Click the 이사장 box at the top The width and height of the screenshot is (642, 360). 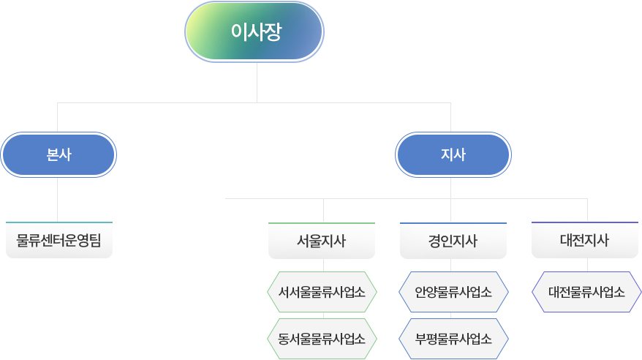tap(254, 31)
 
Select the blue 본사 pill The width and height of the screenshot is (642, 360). tap(58, 155)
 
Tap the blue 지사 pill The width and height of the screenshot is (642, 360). tap(453, 155)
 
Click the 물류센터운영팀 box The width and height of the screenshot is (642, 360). tap(58, 241)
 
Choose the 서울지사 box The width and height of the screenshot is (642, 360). tap(322, 241)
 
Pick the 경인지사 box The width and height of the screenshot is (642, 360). tap(453, 241)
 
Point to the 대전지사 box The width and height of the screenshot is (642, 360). tap(584, 241)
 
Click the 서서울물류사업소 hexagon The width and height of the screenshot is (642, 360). tap(322, 292)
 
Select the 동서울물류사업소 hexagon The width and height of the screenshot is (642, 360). tap(322, 339)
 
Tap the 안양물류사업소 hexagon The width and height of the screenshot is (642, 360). tap(453, 292)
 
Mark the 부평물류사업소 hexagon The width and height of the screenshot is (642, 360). tap(453, 339)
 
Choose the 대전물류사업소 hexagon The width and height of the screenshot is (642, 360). tap(586, 292)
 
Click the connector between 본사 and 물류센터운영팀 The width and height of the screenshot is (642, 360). tap(58, 198)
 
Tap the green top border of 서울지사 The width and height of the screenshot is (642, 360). tap(322, 222)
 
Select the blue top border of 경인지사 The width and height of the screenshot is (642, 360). tap(453, 222)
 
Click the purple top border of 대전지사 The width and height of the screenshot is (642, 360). tap(584, 222)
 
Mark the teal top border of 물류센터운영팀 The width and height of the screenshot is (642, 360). tap(58, 221)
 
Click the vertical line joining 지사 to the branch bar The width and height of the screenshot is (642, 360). tap(451, 187)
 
